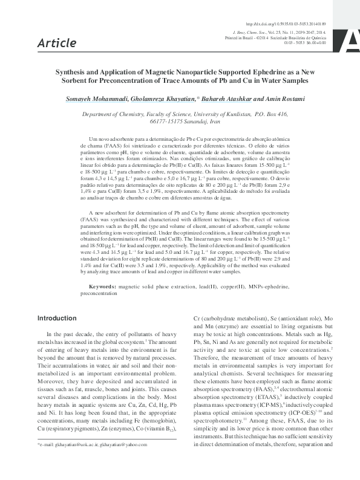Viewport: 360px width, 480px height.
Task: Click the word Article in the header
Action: [57, 42]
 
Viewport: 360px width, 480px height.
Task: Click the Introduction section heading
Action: [60, 318]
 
